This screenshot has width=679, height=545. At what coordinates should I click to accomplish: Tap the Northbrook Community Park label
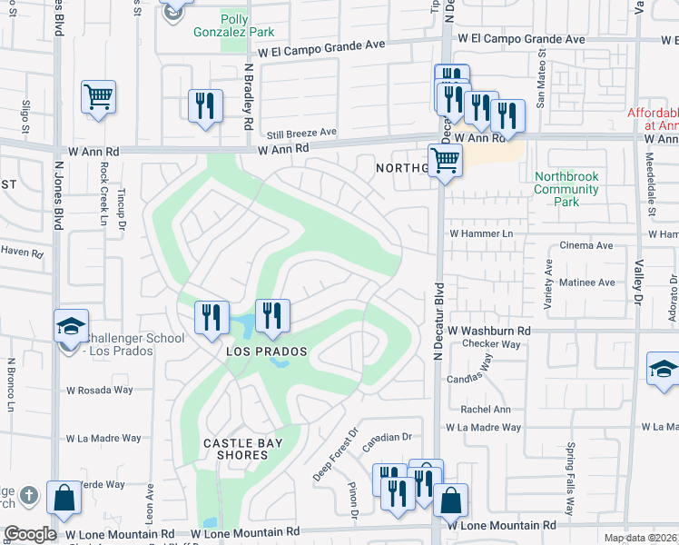coord(566,189)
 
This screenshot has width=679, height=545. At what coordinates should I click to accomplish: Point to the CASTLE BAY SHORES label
coord(242,450)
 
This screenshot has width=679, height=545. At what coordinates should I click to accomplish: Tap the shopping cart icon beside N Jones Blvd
coord(98,95)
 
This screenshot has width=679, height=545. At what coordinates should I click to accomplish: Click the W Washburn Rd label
coord(488,331)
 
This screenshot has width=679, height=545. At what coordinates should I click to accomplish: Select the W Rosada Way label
coord(99,391)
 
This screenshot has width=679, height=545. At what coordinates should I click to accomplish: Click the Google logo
coord(30,534)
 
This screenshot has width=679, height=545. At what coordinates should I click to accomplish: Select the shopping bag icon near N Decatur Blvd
coord(449,500)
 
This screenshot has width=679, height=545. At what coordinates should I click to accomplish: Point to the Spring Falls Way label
coord(571,466)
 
